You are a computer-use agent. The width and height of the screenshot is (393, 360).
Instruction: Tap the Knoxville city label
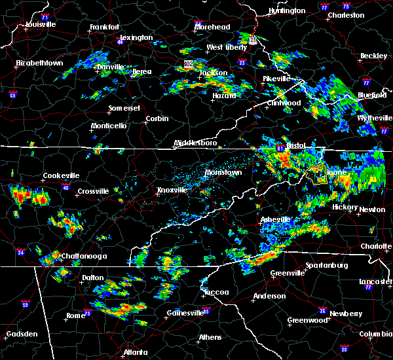click(x=174, y=190)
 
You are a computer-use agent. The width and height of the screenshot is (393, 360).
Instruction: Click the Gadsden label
click(x=20, y=334)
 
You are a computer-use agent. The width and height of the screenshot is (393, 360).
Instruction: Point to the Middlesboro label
click(x=195, y=143)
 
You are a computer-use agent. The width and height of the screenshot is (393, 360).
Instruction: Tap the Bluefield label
click(x=371, y=95)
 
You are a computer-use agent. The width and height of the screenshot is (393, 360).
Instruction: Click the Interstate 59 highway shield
click(x=26, y=304)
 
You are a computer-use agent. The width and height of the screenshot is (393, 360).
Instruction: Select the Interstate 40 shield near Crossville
click(x=65, y=188)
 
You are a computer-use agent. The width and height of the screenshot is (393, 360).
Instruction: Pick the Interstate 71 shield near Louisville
click(x=45, y=16)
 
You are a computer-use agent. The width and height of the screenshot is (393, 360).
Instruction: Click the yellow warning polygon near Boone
click(x=317, y=173)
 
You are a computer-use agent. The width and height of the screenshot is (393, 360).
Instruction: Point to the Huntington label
click(x=287, y=11)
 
